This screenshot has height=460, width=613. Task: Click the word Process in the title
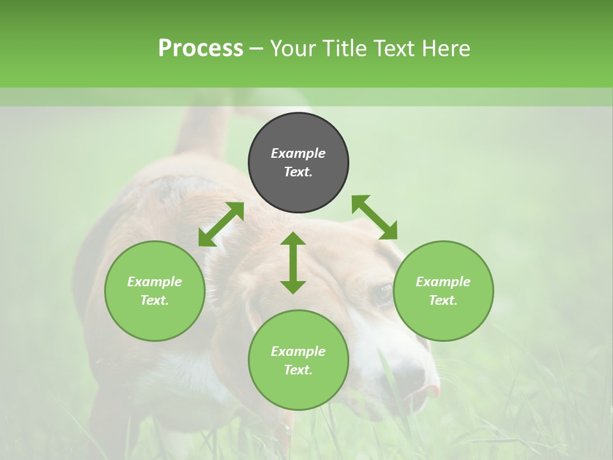[x=201, y=49]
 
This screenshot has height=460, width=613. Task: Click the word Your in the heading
[x=293, y=49]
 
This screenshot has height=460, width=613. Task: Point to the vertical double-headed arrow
[x=293, y=263]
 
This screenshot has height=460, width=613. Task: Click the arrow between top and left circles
[x=221, y=224]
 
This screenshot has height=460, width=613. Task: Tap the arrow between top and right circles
[x=374, y=217]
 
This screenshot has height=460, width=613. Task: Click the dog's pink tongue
[x=432, y=389]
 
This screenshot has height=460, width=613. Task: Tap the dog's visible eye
[x=384, y=293]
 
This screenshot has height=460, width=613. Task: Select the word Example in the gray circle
[x=298, y=153]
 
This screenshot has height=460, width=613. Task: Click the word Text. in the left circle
[x=155, y=300]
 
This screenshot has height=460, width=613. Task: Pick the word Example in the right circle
[x=443, y=282]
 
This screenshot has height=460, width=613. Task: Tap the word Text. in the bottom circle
[x=298, y=370]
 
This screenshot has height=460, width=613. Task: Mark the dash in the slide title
[x=256, y=49]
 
